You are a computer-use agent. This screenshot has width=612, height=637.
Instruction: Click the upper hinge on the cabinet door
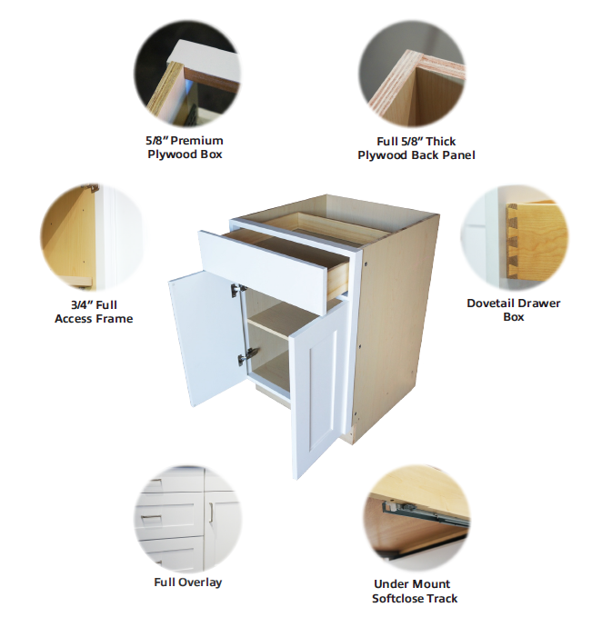click(x=238, y=290)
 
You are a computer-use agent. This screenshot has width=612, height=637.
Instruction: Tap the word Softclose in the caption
click(x=397, y=599)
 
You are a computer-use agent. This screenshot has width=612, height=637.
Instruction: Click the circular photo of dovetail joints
click(x=515, y=238)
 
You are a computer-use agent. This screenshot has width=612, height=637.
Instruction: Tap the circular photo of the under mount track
click(x=416, y=518)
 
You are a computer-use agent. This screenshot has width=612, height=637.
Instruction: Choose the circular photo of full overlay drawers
click(x=188, y=519)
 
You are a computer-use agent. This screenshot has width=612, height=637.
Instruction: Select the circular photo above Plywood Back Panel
click(x=412, y=74)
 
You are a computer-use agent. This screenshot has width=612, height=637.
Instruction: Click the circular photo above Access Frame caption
click(x=93, y=237)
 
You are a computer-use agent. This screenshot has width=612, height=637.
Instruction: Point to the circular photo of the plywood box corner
click(x=187, y=74)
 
